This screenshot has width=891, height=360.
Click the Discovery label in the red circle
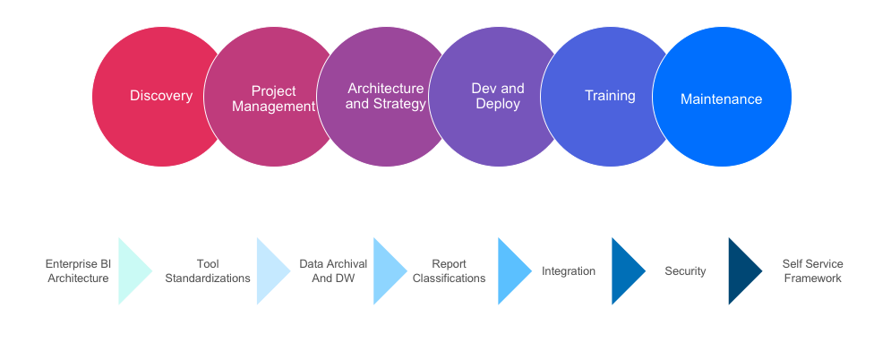[x=161, y=96]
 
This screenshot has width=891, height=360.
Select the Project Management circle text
[x=273, y=99]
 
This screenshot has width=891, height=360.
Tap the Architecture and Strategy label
[x=386, y=96]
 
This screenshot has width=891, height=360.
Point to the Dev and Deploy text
[x=498, y=96]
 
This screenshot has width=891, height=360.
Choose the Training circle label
[x=611, y=96]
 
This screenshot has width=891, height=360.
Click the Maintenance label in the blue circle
[x=721, y=99]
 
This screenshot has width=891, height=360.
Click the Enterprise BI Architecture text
[x=78, y=270]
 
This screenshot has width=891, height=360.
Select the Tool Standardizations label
[x=208, y=270]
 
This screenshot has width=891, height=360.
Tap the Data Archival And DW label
[x=333, y=270]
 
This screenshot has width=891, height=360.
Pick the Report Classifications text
[x=449, y=270]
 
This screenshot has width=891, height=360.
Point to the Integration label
[x=569, y=271]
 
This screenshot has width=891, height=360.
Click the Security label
[x=685, y=271]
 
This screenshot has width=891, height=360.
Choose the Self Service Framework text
[x=812, y=270]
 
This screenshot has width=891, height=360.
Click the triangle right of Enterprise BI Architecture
[x=131, y=271]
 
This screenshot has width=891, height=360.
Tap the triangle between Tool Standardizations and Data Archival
[x=270, y=271]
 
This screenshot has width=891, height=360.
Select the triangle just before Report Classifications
[x=386, y=271]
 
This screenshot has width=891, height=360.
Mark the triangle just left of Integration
[x=510, y=271]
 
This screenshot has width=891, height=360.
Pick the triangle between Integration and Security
[x=624, y=271]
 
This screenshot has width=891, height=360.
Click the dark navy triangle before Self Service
[x=741, y=271]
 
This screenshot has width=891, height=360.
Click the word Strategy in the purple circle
[x=399, y=104]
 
